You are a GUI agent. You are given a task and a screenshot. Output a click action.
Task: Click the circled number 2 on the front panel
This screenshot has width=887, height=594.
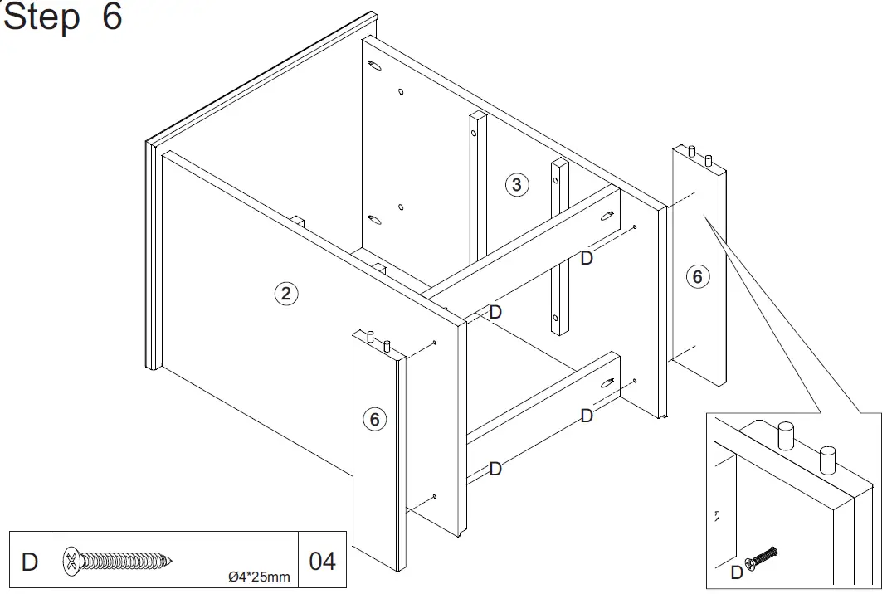coord(285,292)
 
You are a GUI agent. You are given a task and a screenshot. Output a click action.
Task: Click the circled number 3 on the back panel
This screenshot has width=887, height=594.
coord(516,184)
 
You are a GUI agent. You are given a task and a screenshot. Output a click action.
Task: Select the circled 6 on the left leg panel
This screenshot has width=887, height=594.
coord(374,420)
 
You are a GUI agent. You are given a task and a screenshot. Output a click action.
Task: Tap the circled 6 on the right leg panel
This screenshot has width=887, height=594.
coord(697,277)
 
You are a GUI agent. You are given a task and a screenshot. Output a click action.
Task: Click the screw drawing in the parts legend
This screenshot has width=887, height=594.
coord(121,562)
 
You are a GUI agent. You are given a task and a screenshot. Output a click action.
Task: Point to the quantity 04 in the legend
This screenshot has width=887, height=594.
coord(322,562)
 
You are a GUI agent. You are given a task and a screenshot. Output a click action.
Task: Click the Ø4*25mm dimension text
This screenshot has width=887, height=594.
coord(259,577)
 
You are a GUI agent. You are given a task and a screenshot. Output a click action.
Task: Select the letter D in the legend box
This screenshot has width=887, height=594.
coord(29,562)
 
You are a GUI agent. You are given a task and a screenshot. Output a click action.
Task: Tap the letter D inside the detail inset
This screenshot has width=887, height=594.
coord(736,572)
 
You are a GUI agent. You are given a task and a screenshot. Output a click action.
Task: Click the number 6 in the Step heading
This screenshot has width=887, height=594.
coord(112,17)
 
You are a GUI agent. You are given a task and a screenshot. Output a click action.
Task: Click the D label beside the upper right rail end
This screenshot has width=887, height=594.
coord(587,258)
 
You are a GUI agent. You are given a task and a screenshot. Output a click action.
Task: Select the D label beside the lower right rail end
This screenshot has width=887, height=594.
coord(587,416)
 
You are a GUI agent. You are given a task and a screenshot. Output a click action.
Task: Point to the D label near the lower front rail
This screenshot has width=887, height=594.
coord(495,469)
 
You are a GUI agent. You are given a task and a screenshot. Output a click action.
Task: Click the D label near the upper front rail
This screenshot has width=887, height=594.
coord(495,312)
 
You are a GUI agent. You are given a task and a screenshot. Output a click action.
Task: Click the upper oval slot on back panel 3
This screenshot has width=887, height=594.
coord(373,66)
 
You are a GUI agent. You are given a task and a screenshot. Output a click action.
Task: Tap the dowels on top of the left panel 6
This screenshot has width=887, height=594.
coord(378,337)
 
